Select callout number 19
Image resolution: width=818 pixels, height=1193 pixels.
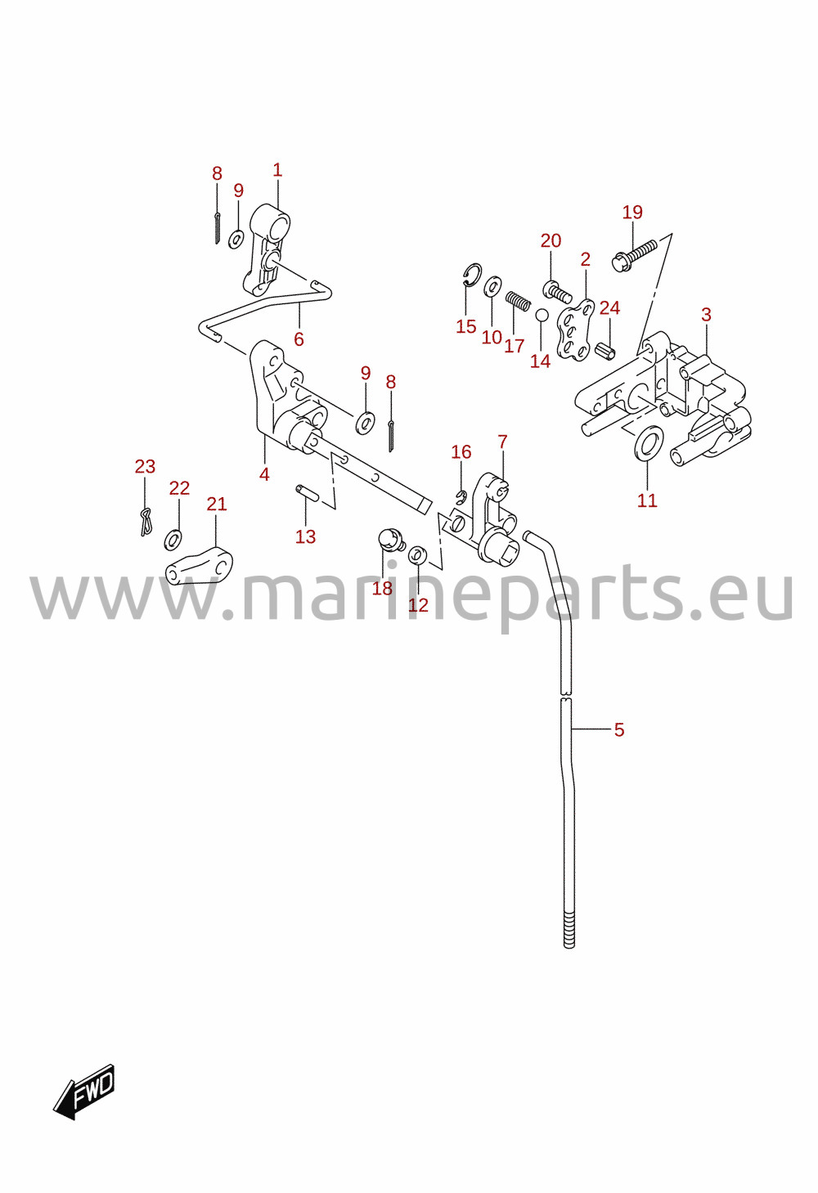(632, 213)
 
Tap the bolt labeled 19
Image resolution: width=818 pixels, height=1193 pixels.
(635, 255)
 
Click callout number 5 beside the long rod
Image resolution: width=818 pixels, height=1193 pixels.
(618, 729)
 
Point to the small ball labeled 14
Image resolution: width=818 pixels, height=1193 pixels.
(541, 316)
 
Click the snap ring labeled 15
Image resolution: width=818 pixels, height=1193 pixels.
(472, 275)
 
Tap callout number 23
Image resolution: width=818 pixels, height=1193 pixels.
(145, 467)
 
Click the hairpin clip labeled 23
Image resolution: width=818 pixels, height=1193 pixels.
(146, 522)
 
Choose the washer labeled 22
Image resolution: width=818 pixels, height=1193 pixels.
(172, 539)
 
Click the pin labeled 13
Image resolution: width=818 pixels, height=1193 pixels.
(308, 492)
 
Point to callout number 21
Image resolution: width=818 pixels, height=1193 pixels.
(216, 504)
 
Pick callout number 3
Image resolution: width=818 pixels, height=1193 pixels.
(706, 315)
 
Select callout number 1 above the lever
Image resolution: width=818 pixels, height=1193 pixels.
(277, 170)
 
